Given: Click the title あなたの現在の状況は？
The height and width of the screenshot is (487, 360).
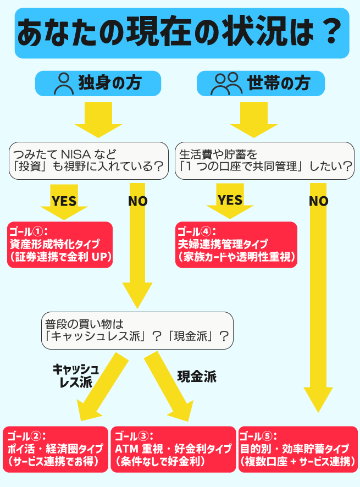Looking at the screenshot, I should point(181,33).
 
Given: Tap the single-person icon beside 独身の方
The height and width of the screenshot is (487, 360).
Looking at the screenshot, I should point(64,84).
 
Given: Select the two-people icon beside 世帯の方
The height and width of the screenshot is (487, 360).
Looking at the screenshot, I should point(226,84).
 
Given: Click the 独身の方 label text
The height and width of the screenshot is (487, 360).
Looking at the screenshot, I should point(110,84).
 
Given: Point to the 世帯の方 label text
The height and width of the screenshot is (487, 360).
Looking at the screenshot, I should point(279,84).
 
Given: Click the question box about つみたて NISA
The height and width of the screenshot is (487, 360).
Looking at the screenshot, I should point(88,160).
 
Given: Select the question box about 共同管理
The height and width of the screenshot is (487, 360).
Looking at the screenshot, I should point(264,160).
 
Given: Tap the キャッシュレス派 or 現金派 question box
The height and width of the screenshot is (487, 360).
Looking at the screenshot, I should point(137,330).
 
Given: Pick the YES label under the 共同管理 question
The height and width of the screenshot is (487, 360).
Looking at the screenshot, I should point(230,200).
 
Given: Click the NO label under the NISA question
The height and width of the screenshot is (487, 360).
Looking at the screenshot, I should point(138,201).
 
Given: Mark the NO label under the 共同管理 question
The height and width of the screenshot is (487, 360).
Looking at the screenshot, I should point(318,201).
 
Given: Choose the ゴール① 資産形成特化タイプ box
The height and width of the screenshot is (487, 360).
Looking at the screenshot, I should point(59,245).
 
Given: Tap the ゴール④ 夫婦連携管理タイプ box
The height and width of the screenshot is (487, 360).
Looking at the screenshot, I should point(236,245).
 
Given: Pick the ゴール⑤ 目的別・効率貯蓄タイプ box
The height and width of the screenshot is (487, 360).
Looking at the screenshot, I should point(297,449).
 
